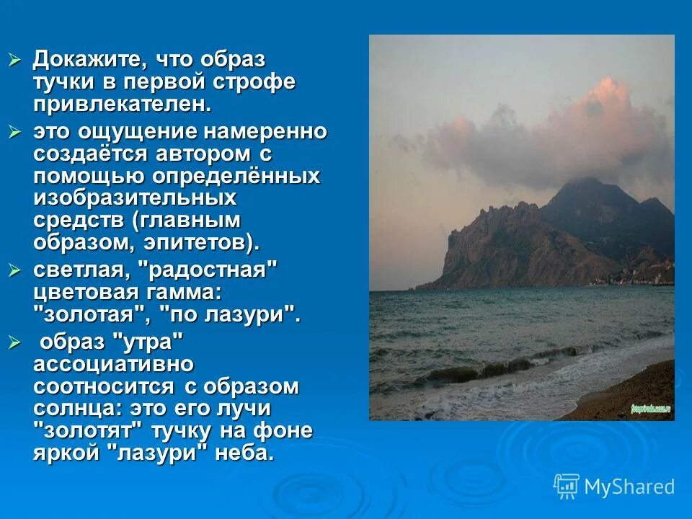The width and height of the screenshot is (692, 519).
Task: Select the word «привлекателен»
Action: [x=123, y=103]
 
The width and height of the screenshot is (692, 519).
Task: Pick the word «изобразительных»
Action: [x=135, y=198]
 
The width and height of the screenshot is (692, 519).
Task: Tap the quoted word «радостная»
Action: [x=213, y=271]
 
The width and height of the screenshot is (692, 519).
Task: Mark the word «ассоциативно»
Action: [x=113, y=363]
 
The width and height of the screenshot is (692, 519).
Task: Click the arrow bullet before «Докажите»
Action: [x=15, y=60]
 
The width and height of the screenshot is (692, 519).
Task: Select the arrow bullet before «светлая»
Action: [x=15, y=271]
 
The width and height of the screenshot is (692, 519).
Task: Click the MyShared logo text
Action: [x=629, y=487]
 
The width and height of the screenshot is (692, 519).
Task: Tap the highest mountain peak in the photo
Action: [x=576, y=180]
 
